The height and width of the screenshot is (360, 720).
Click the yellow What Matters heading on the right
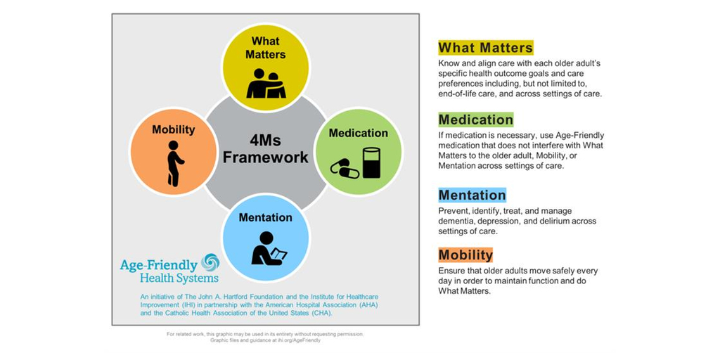[x=485, y=48]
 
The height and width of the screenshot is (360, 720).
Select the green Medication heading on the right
[x=476, y=120]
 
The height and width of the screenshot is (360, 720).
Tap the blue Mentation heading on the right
[x=472, y=195]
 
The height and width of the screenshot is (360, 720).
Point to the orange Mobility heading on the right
[x=465, y=255]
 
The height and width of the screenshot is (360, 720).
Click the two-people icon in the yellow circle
[x=266, y=84]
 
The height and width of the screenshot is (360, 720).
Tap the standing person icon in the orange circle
[x=174, y=163]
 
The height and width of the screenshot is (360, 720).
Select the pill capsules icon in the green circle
[x=345, y=168]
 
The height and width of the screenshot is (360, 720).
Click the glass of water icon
[x=371, y=162]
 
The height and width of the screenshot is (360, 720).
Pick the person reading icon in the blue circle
[x=268, y=247]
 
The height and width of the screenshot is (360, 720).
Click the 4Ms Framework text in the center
[x=266, y=148]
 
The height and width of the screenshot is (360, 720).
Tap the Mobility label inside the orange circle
[x=174, y=130]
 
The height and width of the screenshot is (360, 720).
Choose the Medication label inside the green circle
[x=358, y=133]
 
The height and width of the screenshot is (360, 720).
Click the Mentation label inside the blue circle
[x=265, y=217]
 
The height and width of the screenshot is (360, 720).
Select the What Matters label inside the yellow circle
[x=265, y=48]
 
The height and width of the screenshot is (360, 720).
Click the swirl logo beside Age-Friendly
[x=210, y=262]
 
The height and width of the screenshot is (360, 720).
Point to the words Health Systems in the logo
[x=179, y=278]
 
